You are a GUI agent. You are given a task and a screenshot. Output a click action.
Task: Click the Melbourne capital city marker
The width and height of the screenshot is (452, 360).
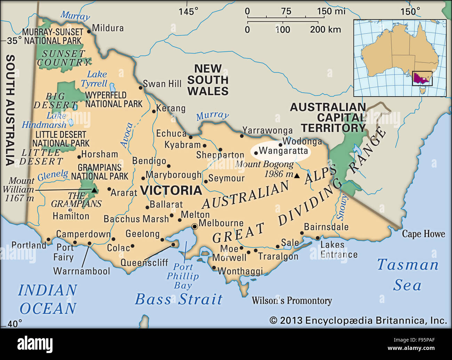[195, 227]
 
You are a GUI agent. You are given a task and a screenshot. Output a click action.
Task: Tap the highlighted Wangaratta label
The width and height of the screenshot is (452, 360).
[283, 151]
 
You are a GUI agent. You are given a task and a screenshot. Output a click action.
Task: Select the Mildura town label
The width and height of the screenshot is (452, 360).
[108, 28]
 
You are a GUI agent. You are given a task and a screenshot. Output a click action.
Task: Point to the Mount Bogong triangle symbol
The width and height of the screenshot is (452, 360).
[297, 176]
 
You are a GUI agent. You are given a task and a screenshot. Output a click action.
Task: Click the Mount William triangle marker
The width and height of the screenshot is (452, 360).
[94, 190]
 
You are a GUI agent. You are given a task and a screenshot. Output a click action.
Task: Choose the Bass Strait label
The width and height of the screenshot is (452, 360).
[178, 299]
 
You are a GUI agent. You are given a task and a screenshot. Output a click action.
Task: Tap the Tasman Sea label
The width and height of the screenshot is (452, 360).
[407, 275]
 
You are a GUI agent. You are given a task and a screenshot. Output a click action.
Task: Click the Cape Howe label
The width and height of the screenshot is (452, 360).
[423, 234]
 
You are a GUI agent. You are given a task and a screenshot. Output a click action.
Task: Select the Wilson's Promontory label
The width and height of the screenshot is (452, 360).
[292, 301]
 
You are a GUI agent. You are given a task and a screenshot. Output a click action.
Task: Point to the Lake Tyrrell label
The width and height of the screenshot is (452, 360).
[95, 79]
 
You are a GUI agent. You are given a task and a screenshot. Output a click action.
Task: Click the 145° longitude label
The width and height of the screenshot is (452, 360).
[188, 11]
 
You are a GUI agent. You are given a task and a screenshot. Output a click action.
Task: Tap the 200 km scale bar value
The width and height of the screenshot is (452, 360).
[325, 30]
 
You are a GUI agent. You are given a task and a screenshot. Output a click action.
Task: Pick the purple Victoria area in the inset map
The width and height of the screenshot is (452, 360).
[422, 77]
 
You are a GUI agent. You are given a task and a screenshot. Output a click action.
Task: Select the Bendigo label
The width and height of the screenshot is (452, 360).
[149, 161]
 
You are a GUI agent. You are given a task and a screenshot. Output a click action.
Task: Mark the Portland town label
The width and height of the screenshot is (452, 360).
[29, 245]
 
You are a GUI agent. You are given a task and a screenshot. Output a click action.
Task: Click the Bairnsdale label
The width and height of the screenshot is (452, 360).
[326, 227]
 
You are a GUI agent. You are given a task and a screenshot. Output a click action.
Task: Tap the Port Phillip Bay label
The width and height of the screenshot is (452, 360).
[183, 276]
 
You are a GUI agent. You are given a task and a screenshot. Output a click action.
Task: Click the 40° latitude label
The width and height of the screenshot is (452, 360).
[14, 324]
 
